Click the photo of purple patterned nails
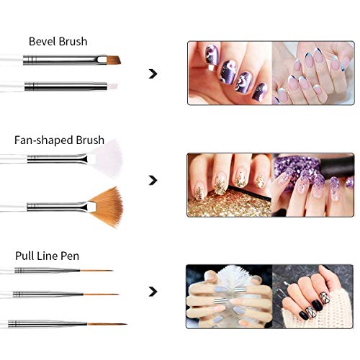(x=229, y=73)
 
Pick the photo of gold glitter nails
(x=229, y=184)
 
